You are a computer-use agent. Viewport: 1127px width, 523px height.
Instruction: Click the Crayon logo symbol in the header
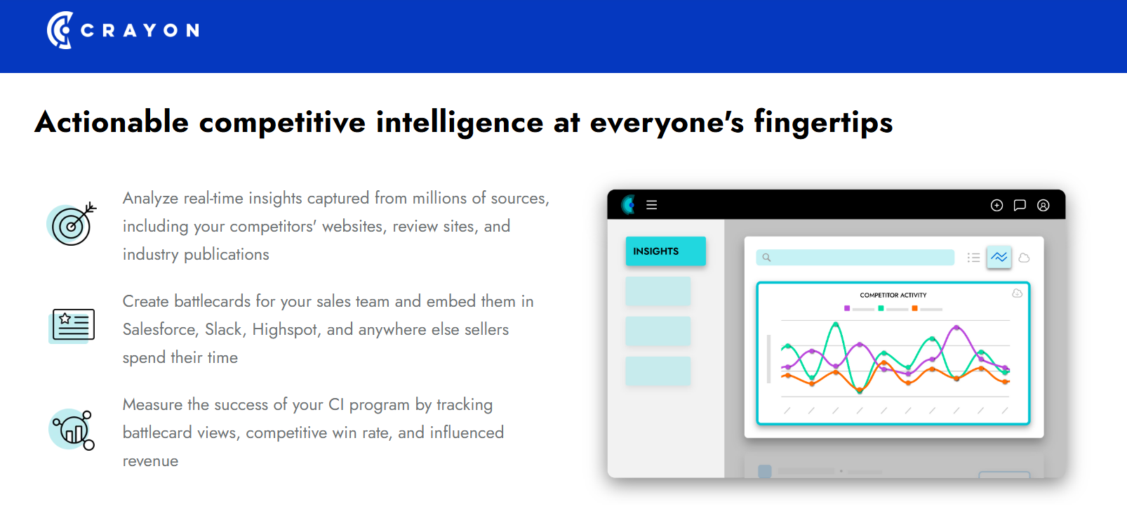[x=60, y=30]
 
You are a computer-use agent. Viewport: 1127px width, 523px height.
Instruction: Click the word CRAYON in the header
[x=140, y=31]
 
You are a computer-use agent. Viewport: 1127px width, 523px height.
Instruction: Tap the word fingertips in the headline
[x=823, y=122]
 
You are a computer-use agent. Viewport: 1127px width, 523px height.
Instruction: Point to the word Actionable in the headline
[x=112, y=122]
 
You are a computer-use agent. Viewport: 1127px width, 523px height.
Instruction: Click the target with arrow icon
[x=72, y=224]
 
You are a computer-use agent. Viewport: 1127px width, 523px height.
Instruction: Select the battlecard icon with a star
[x=72, y=325]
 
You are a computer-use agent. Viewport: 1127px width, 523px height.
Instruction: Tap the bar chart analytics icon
[x=72, y=430]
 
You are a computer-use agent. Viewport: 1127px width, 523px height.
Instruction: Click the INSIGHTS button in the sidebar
[x=666, y=251]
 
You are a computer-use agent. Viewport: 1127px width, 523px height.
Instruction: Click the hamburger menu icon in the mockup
[x=651, y=205]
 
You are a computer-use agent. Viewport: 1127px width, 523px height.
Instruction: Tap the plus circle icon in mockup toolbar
[x=996, y=205]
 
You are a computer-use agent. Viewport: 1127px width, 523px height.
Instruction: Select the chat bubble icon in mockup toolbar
[x=1020, y=205]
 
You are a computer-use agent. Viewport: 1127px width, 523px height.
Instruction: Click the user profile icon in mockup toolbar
[x=1043, y=205]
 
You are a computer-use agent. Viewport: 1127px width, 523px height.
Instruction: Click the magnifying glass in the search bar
[x=766, y=258]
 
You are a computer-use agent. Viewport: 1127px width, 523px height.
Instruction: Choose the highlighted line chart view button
[x=999, y=257]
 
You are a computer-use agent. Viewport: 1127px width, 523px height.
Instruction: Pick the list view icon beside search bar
[x=973, y=258]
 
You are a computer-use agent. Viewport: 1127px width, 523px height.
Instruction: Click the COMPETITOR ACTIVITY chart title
[x=893, y=295]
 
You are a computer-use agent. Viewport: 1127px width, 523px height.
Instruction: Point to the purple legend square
[x=847, y=308]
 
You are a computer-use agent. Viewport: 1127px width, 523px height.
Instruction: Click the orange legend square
[x=914, y=308]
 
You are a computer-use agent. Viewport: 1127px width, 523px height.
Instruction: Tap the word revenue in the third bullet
[x=150, y=461]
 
